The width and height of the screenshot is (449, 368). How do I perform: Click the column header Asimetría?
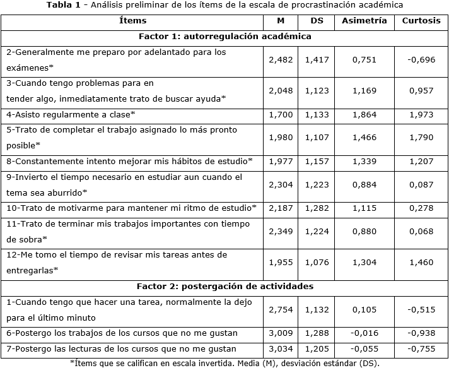[x=364, y=21]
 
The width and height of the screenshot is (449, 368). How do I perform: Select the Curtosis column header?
[x=421, y=21]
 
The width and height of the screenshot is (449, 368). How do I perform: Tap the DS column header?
[x=317, y=21]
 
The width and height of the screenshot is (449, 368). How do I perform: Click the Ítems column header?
[x=132, y=21]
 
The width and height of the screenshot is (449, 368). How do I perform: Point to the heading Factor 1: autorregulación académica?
[x=224, y=37]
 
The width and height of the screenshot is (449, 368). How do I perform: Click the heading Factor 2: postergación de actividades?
[x=224, y=287]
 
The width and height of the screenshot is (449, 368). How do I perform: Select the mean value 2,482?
[x=281, y=59]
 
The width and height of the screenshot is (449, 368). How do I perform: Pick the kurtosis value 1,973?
[x=421, y=116]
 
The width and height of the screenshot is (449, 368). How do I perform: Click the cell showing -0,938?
[x=421, y=333]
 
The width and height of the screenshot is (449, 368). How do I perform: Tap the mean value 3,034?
[x=281, y=348]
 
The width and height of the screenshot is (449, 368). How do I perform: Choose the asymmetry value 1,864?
[x=364, y=116]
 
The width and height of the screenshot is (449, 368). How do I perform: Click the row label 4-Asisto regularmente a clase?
[x=71, y=116]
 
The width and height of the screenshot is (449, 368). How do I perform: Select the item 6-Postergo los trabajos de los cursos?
[x=122, y=333]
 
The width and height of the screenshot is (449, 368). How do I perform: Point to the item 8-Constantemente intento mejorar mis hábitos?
[x=129, y=162]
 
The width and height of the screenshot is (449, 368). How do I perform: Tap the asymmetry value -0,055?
[x=364, y=348]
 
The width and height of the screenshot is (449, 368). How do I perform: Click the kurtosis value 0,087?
[x=421, y=185]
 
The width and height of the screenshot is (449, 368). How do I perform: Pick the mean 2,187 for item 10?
[x=281, y=208]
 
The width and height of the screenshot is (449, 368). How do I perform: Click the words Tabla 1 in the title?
[x=65, y=6]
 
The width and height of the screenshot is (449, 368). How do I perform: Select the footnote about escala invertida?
[x=224, y=363]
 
